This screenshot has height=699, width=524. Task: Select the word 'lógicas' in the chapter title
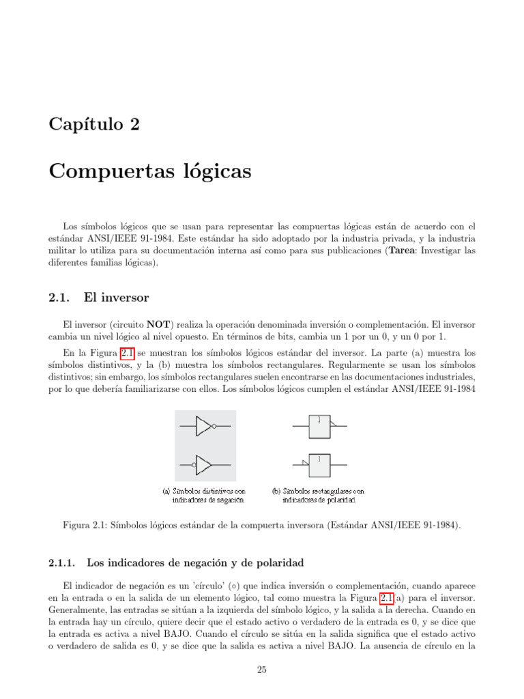[216, 171]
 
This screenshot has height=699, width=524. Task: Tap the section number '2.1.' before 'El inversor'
[62, 298]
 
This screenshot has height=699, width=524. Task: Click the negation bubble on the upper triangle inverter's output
[214, 427]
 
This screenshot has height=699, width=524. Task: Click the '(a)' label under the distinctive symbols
[166, 490]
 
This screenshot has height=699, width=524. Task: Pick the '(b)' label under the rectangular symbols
[277, 490]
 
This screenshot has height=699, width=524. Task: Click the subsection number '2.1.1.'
[65, 563]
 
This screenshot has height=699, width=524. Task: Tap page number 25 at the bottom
[261, 670]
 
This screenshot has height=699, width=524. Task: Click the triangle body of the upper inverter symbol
[203, 427]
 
